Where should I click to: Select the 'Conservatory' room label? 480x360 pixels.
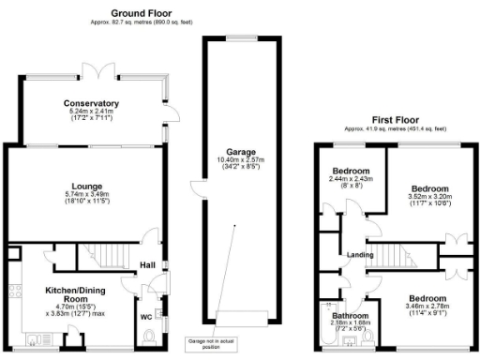(91, 103)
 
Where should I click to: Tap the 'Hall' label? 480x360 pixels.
(146, 264)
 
